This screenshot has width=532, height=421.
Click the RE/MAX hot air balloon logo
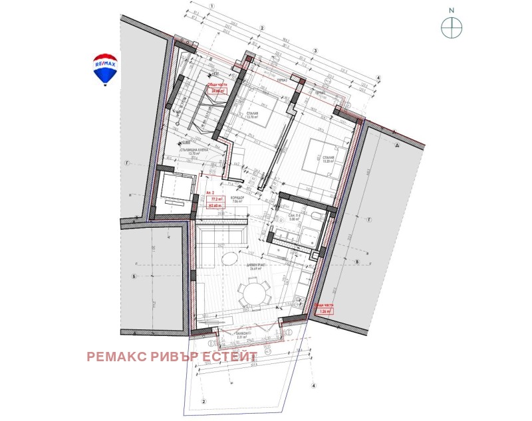pyautogui.click(x=105, y=69)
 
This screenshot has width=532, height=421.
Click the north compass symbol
pyautogui.click(x=452, y=27)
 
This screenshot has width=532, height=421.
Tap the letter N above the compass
pyautogui.click(x=452, y=11)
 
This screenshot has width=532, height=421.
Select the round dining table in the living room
pyautogui.click(x=255, y=292)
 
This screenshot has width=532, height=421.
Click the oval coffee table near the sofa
pyautogui.click(x=228, y=258)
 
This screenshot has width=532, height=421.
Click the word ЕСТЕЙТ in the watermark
pyautogui.click(x=229, y=357)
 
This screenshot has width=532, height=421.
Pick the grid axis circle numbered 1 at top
pyautogui.click(x=211, y=5)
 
